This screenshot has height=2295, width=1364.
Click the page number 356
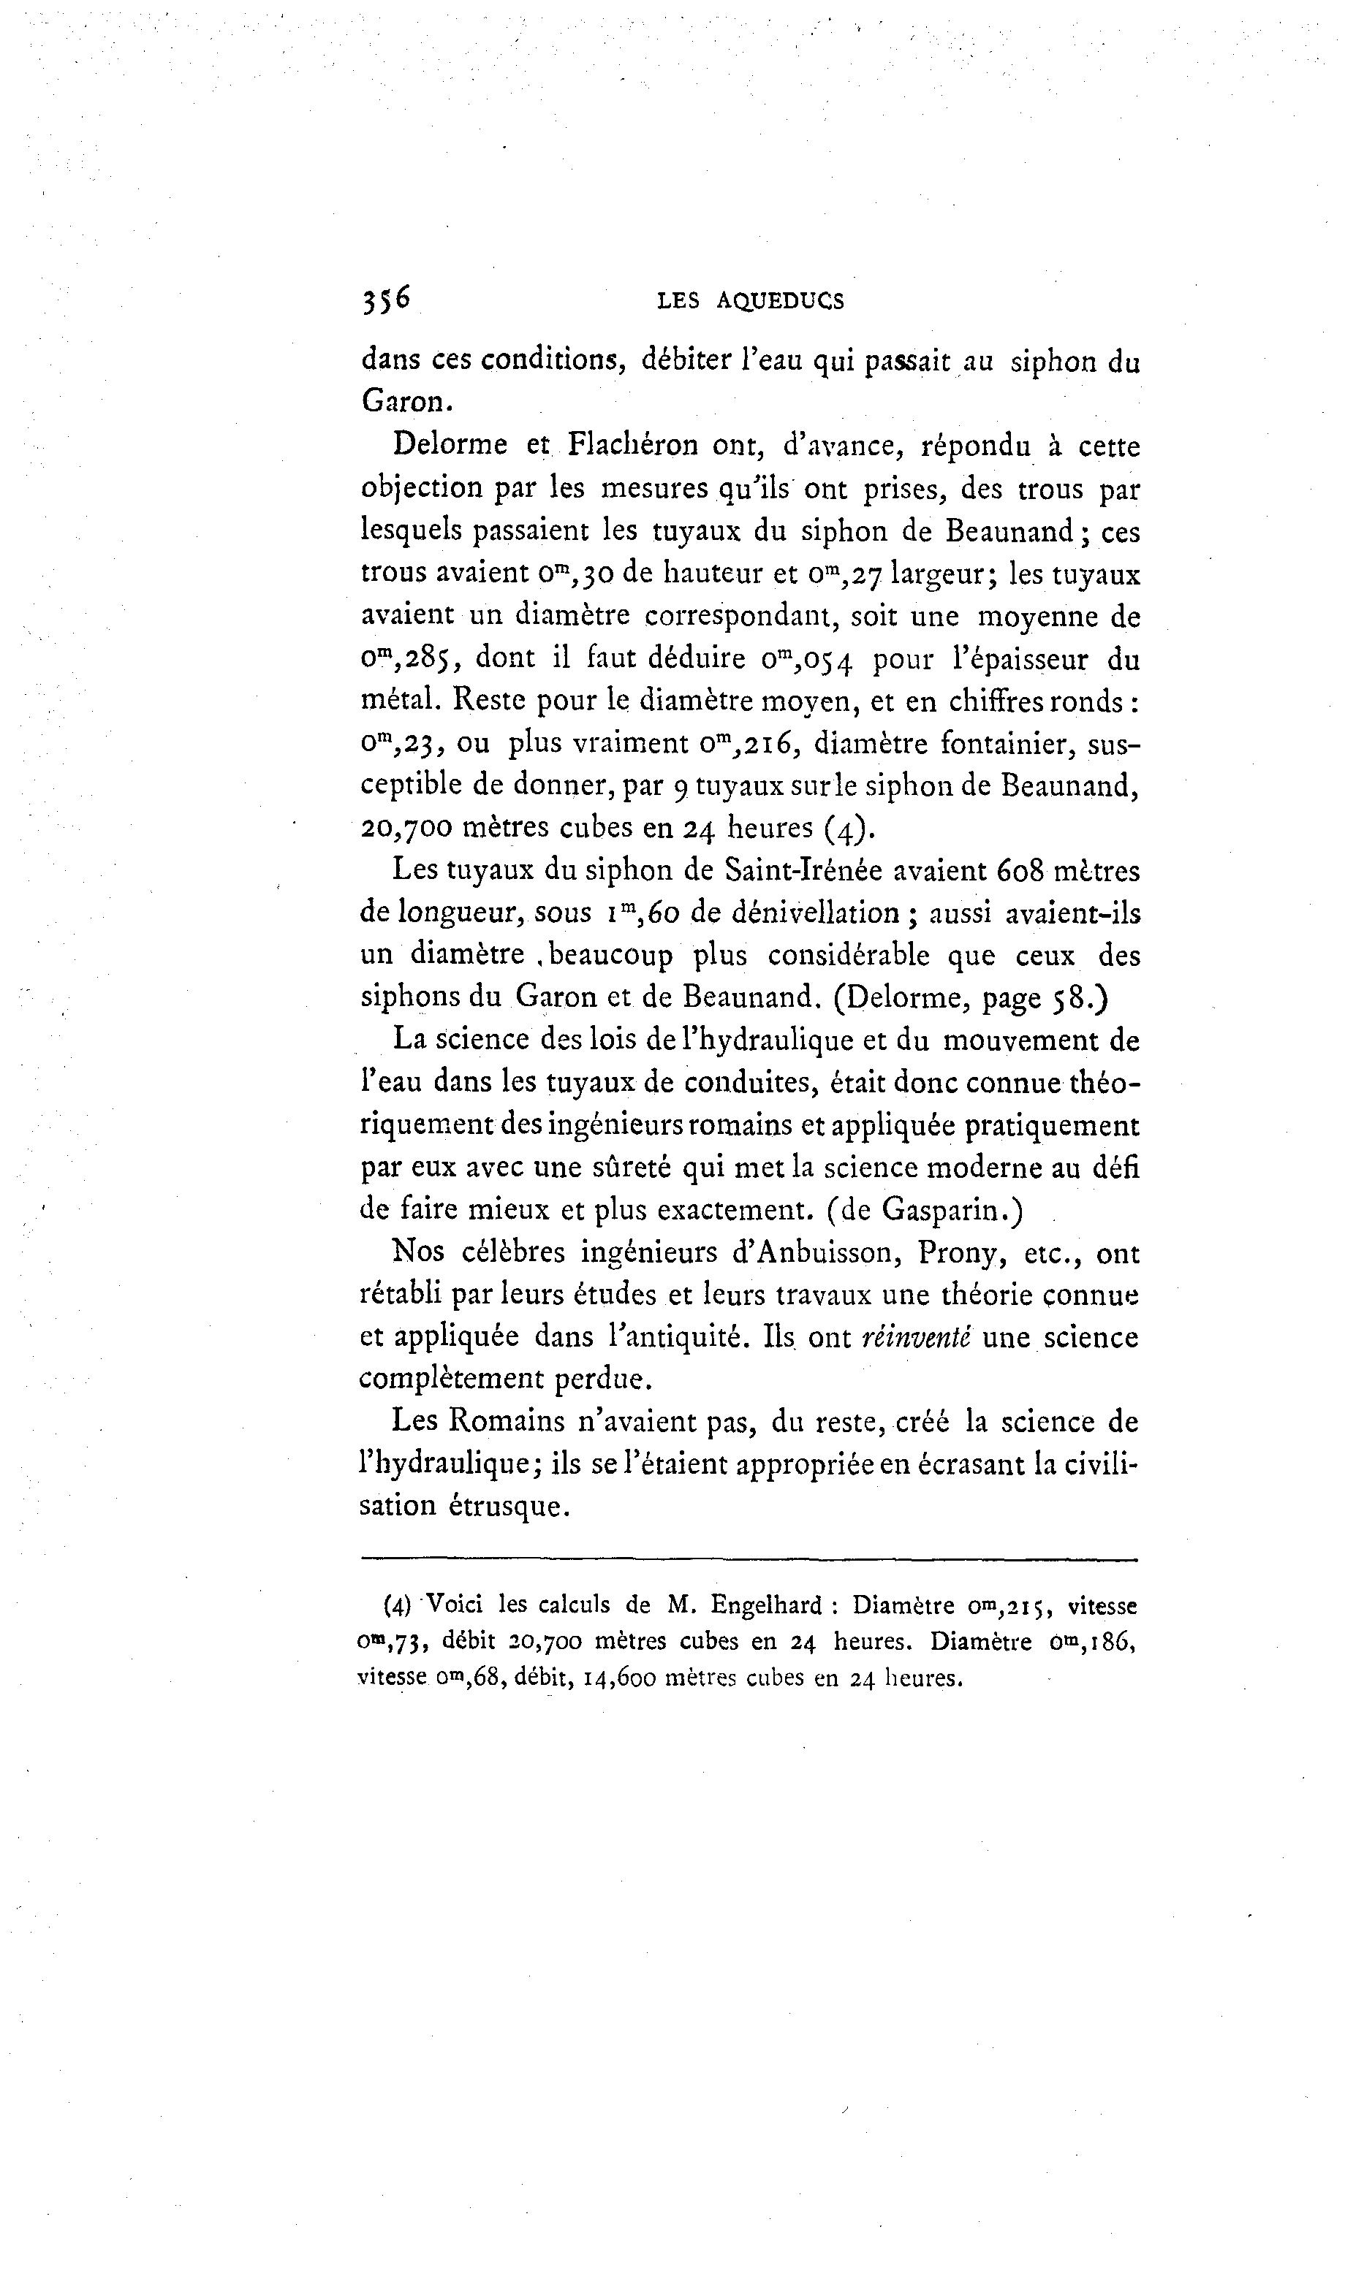(386, 300)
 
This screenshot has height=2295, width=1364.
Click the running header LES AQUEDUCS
(750, 300)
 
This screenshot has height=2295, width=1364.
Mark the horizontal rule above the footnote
(749, 1559)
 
